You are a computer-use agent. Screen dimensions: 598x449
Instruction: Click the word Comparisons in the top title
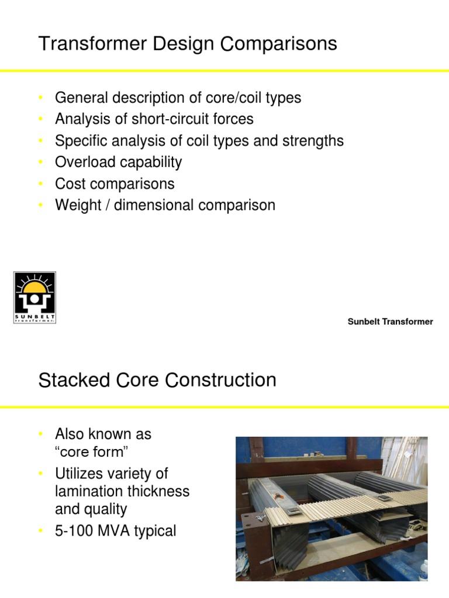(280, 44)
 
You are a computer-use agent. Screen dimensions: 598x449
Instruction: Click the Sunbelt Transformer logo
(34, 298)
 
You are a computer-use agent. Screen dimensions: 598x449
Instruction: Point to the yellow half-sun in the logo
(34, 286)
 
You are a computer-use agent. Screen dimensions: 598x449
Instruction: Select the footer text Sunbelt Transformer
(390, 322)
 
